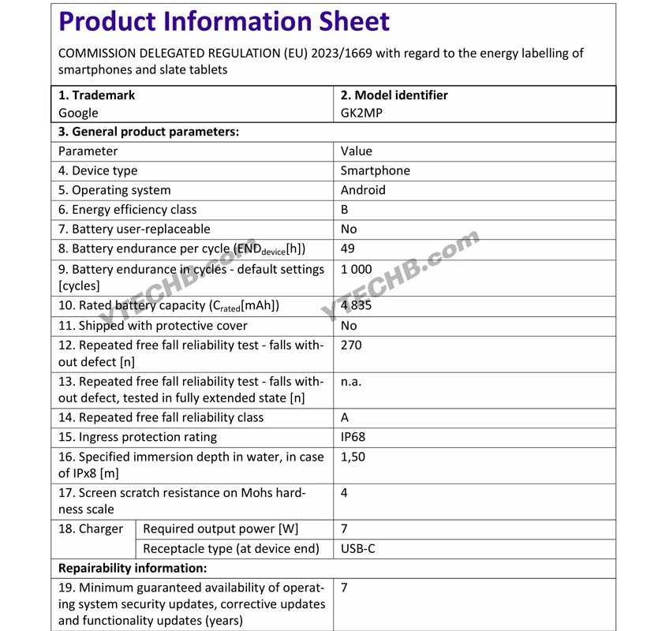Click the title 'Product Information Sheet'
coord(224,21)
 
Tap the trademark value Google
coord(78,113)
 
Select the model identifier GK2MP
coord(361,113)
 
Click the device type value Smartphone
coord(375,170)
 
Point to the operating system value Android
coord(363,190)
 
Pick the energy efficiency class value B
coord(345,210)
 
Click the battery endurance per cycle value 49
coord(348,248)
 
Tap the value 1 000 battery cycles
coord(356,269)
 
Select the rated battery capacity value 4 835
coord(356,305)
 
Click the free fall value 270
coord(351,345)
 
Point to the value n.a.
coord(351,381)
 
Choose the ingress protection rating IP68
coord(353,437)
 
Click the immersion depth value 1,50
coord(353,457)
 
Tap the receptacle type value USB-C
coord(358,548)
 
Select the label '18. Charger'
coord(91,528)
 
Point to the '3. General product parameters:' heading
coord(148,132)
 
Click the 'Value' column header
coord(356,151)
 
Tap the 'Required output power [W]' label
coord(221,528)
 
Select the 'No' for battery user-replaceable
coord(349,229)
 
